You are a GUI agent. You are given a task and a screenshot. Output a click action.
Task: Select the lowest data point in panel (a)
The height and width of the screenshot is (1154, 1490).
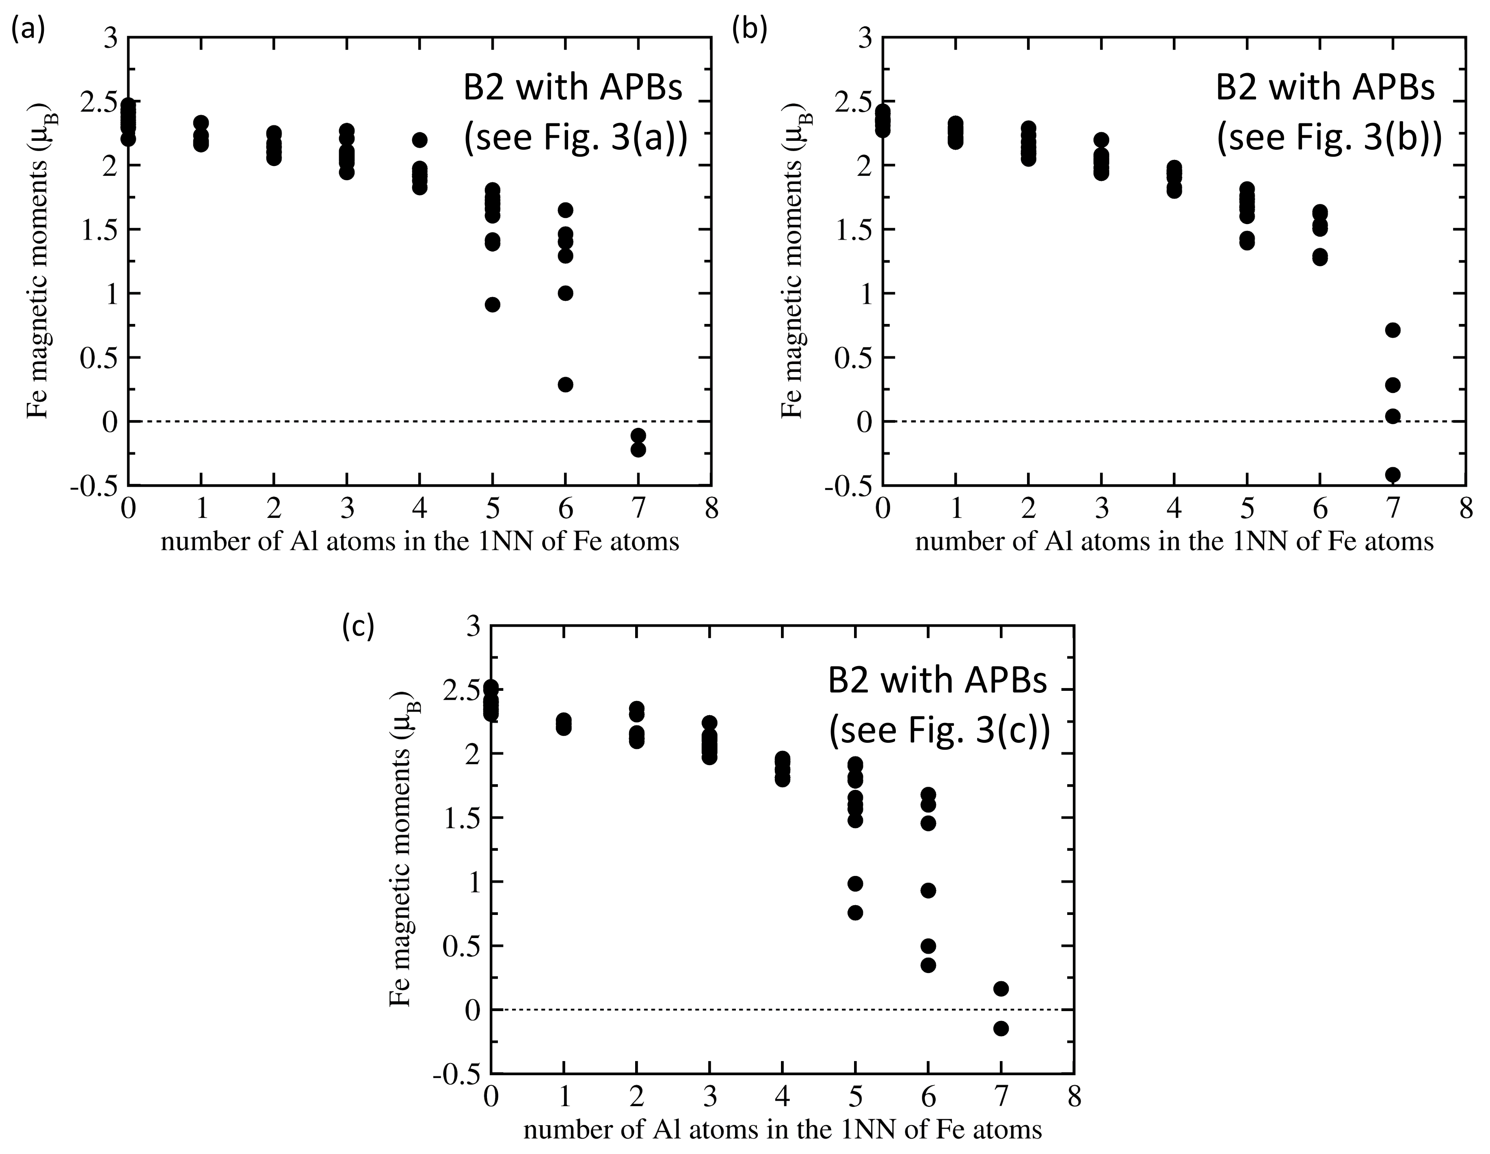tap(638, 449)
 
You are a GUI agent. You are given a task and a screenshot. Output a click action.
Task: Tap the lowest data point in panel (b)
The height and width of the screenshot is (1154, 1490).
tap(1393, 474)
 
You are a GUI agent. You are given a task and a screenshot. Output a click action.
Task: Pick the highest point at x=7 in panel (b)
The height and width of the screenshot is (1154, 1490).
tap(1393, 330)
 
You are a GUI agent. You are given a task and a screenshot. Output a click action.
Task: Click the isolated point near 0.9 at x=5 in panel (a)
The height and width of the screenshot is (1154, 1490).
tap(493, 304)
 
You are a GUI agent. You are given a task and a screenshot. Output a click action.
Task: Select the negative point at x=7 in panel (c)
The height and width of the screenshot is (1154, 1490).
tap(1001, 1029)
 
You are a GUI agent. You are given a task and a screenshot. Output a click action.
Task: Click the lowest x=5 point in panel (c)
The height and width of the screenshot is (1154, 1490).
tap(855, 912)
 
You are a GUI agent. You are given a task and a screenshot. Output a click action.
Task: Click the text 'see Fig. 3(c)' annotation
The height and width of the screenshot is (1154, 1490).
tap(939, 731)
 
